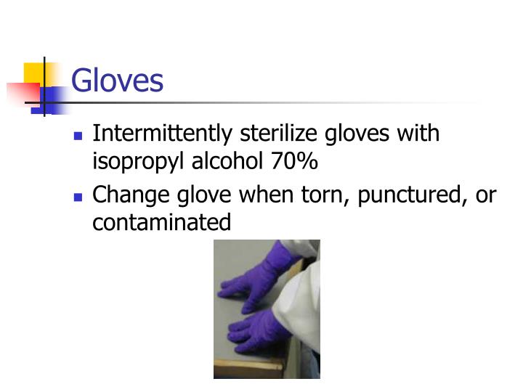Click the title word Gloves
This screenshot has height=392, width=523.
click(x=118, y=81)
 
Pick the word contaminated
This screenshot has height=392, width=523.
click(x=161, y=222)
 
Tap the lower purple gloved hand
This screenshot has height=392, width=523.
click(x=256, y=331)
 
